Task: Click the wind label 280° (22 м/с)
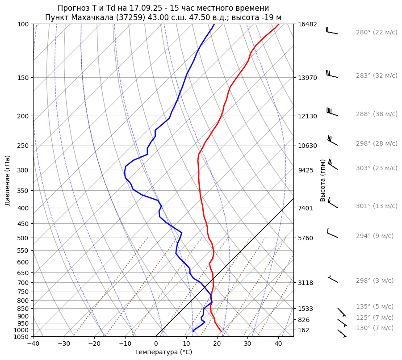tap(377, 32)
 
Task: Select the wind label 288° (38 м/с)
tap(377, 114)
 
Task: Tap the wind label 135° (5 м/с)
tap(375, 306)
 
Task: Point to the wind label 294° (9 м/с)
tap(375, 236)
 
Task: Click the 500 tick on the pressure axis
tap(23, 238)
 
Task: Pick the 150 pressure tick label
tap(23, 78)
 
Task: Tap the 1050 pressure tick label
tap(21, 337)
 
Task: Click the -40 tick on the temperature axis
tap(33, 344)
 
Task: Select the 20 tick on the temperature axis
tap(217, 344)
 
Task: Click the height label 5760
tap(305, 238)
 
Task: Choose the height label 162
tap(303, 330)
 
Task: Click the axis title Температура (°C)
tap(163, 352)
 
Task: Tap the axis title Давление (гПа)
tap(8, 180)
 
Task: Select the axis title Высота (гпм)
tap(323, 180)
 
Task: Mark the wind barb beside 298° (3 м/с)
tap(333, 280)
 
